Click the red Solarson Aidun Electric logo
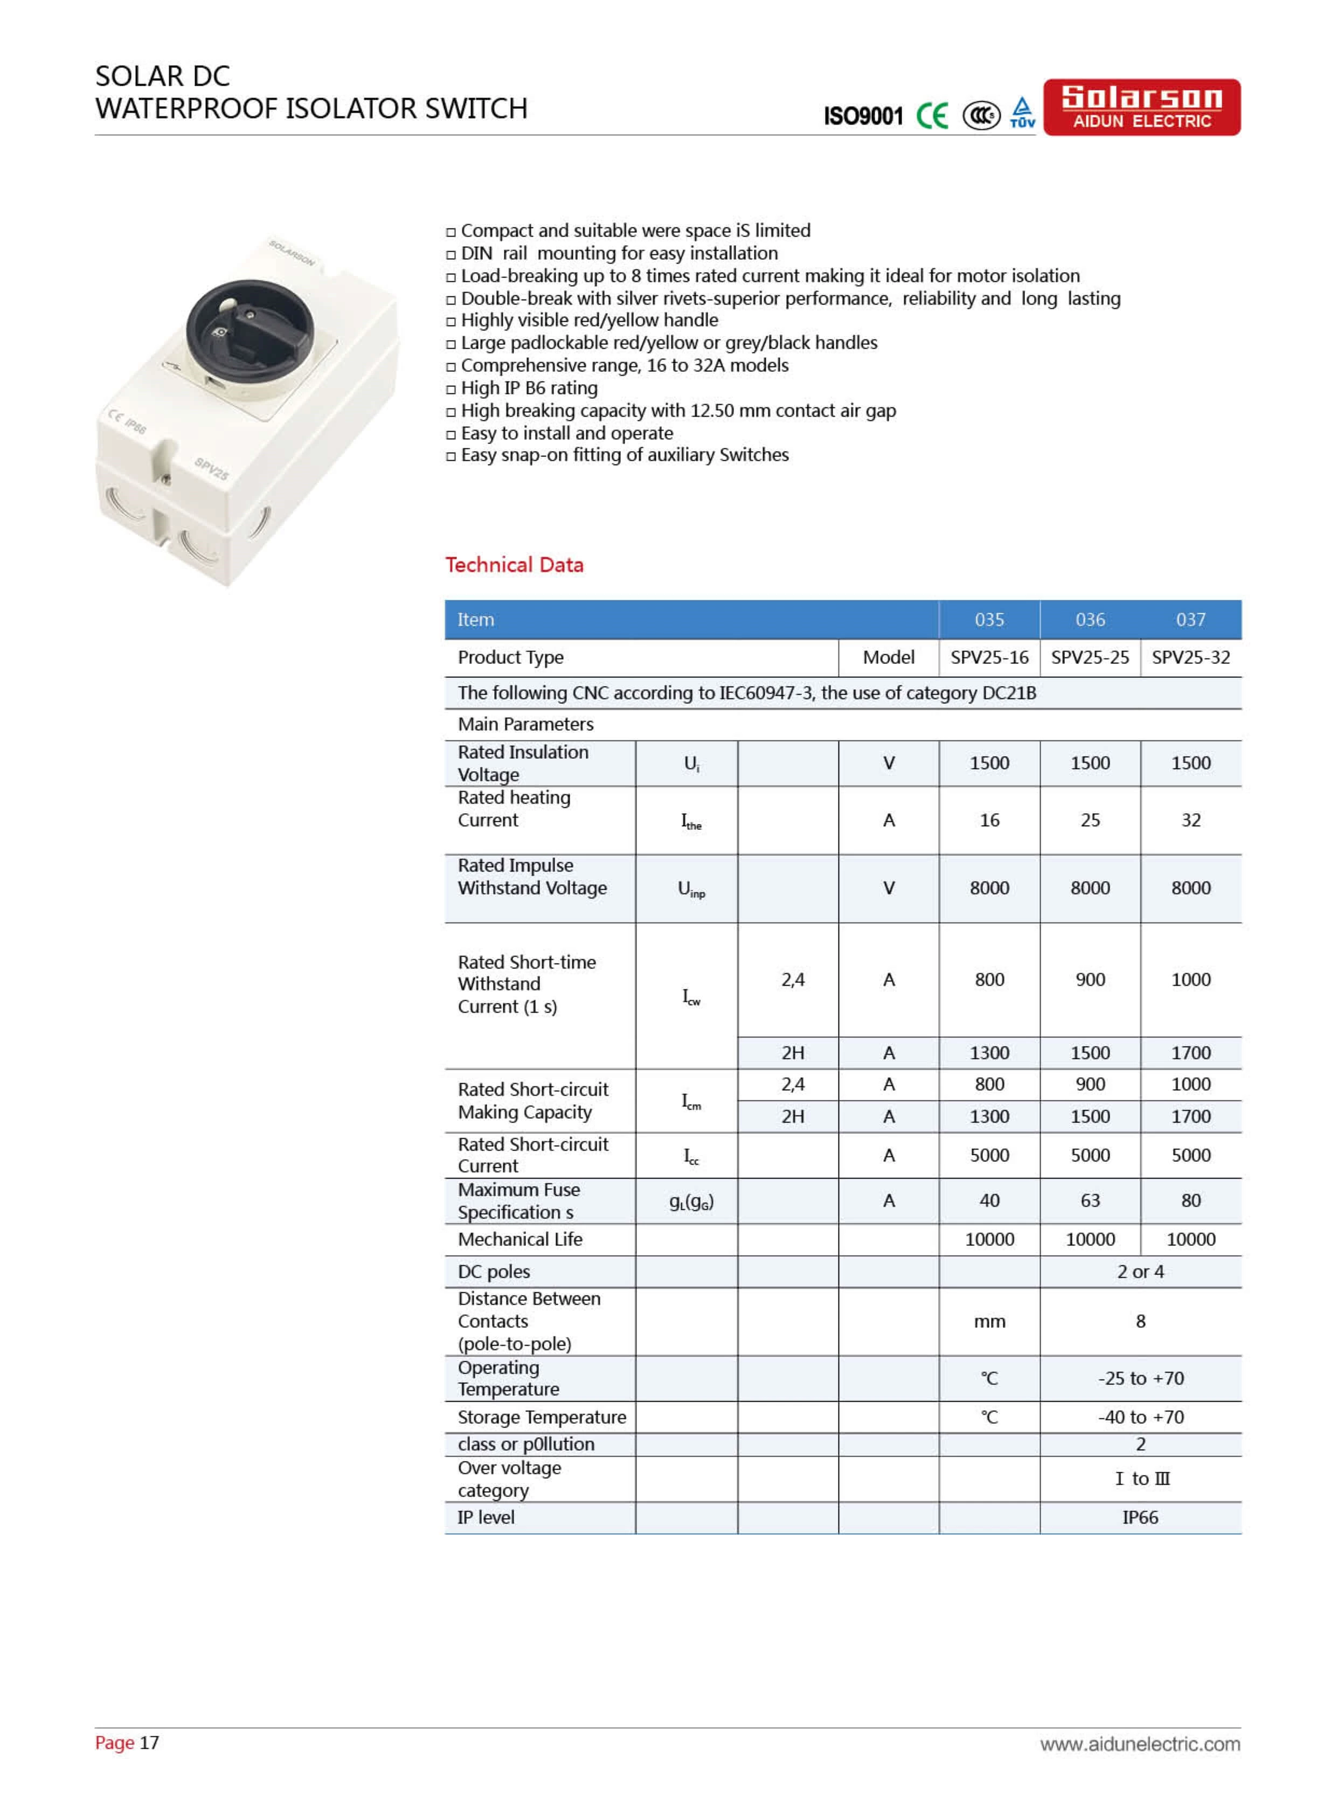1141,107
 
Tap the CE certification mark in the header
932,116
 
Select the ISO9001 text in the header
863,116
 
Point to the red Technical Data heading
514,565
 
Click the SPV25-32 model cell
1190,657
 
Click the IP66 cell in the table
1140,1517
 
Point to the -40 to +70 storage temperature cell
1140,1417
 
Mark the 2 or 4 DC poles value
1140,1271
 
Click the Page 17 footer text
127,1742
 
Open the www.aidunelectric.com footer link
1140,1744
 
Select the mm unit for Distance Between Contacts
989,1321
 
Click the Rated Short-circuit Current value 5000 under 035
989,1155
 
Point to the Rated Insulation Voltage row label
523,763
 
